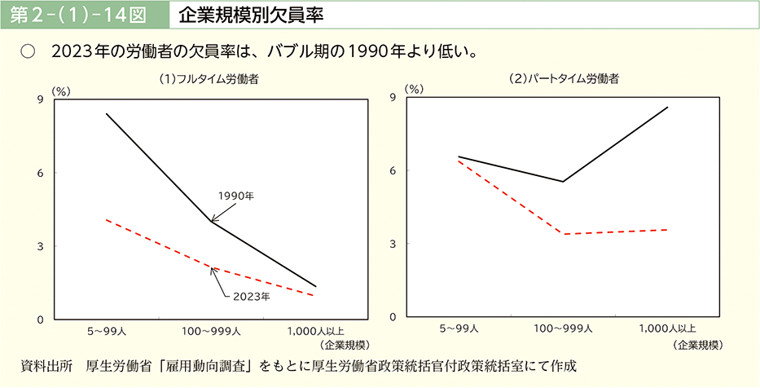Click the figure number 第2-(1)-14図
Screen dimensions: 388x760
(x=77, y=14)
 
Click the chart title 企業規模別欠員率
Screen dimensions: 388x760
(x=235, y=14)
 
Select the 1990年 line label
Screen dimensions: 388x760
(x=236, y=196)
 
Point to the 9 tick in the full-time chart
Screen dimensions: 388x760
(x=40, y=99)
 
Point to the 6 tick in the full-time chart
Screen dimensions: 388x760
(x=40, y=173)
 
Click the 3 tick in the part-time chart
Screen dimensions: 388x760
(x=393, y=244)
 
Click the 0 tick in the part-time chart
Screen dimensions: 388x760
(x=393, y=317)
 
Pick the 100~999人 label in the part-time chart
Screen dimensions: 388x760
(x=563, y=329)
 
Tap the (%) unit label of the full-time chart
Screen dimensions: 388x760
(x=62, y=91)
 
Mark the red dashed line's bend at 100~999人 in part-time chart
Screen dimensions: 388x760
(x=563, y=234)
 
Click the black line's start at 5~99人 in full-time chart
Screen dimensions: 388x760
(x=106, y=113)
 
